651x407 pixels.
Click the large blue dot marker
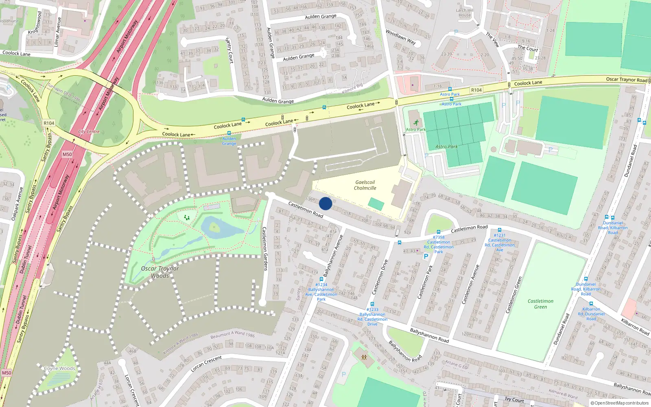[325, 203]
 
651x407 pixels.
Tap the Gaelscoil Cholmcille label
[365, 185]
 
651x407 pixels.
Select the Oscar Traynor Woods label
[160, 272]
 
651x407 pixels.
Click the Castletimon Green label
[540, 304]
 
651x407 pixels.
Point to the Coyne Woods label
[59, 368]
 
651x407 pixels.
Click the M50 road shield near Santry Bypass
[67, 154]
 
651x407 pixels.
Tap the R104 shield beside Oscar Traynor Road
[476, 90]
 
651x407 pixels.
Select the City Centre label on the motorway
[89, 131]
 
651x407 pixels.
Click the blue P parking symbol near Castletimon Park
[426, 256]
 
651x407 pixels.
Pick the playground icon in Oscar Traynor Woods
[187, 218]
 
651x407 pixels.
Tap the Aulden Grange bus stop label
[229, 141]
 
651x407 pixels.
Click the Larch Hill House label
[464, 13]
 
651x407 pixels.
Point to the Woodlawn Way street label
[401, 37]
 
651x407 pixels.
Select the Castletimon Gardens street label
[265, 249]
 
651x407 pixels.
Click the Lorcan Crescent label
[206, 364]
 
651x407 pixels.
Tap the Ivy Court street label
[514, 400]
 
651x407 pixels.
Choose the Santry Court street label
[230, 50]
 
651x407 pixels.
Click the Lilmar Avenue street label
[57, 32]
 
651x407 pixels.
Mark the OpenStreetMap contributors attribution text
[620, 403]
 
